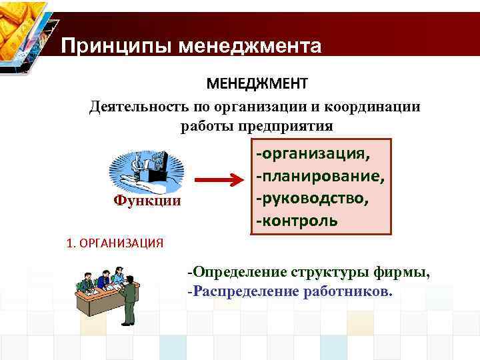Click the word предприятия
pos(289,126)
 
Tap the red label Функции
pos(147,200)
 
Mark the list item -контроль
pos(296,220)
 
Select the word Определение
pos(238,272)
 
